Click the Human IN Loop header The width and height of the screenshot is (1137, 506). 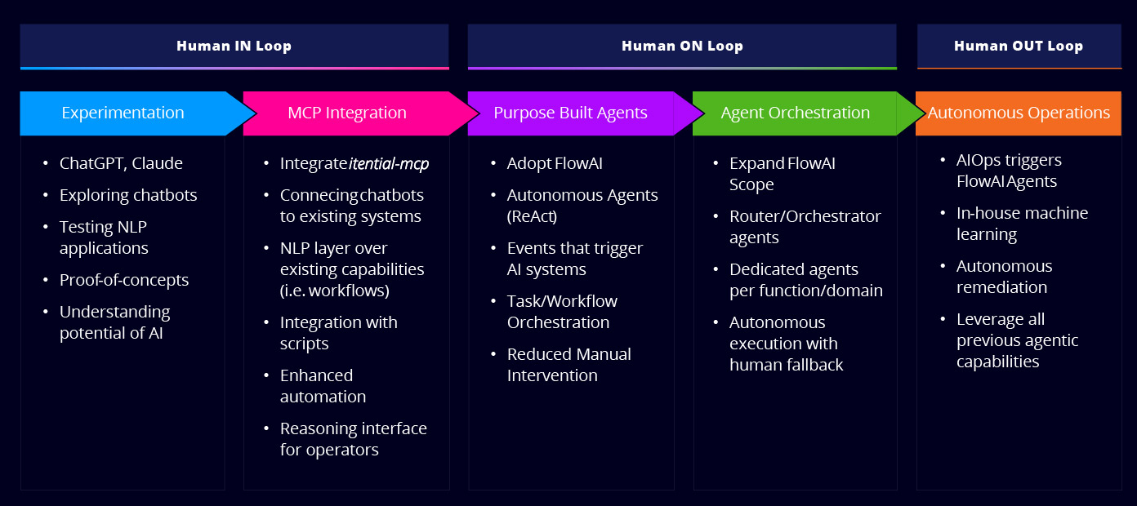tap(234, 46)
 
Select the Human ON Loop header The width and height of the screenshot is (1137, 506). tap(682, 46)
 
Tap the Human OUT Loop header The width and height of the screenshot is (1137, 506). tap(1018, 46)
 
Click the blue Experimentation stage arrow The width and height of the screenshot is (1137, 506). tap(123, 113)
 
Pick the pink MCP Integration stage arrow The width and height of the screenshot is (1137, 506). tap(347, 113)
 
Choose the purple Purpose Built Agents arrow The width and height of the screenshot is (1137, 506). tap(570, 113)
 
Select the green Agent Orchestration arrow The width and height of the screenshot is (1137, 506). tap(795, 113)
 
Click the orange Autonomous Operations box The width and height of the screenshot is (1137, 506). tap(1019, 113)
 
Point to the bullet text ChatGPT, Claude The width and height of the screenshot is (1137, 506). tap(121, 163)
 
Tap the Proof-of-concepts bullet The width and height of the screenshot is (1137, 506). tap(124, 280)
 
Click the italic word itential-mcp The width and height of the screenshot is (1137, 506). tap(389, 163)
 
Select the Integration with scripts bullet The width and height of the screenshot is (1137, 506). tap(338, 333)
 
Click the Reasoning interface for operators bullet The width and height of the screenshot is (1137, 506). tap(353, 439)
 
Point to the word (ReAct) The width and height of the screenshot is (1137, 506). tap(532, 216)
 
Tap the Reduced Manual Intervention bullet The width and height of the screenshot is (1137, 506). tap(568, 365)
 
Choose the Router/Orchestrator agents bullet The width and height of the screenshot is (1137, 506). tap(805, 227)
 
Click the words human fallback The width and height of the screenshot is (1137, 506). tap(786, 365)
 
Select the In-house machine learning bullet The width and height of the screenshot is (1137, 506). tap(1022, 224)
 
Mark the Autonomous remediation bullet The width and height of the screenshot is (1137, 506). tap(1004, 277)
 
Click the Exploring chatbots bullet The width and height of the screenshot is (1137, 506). tap(128, 195)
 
